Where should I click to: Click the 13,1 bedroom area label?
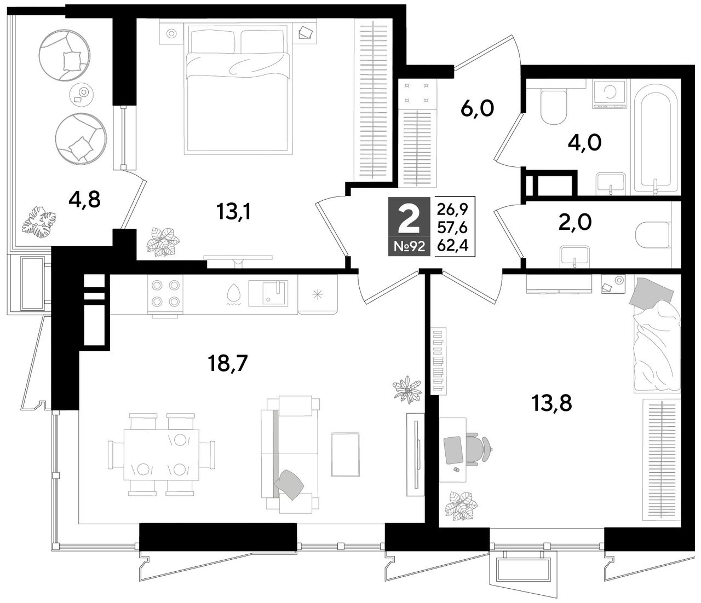tap(233, 212)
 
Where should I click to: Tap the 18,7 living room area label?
tap(228, 364)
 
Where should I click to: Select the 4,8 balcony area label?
tap(84, 200)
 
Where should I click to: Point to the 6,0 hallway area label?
tap(477, 109)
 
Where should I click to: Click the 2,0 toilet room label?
tap(574, 223)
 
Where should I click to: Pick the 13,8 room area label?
tap(552, 403)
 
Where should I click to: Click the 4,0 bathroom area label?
tap(585, 143)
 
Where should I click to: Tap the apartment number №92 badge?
tap(409, 246)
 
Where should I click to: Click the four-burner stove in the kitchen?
tap(165, 293)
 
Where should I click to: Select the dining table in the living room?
tap(162, 455)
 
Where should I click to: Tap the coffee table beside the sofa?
tap(345, 455)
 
